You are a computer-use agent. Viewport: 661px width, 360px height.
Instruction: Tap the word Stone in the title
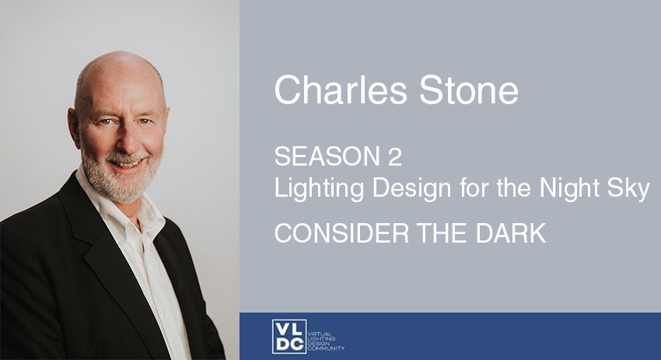coord(469,90)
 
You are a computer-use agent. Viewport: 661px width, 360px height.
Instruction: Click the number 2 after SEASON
coord(395,156)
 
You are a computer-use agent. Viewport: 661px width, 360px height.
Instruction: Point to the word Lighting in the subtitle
coord(319,188)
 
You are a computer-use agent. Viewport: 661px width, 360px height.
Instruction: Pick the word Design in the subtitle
coord(412,188)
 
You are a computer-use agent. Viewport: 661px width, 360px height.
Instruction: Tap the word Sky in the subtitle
coord(628,188)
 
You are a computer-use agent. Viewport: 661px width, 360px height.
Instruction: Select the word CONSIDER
coord(341,233)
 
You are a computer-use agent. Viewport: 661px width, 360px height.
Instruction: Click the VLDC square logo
coord(289,337)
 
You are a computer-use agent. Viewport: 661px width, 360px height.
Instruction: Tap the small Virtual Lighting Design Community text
coord(326,341)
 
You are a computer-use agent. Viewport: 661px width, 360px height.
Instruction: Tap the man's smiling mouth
coord(128,162)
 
